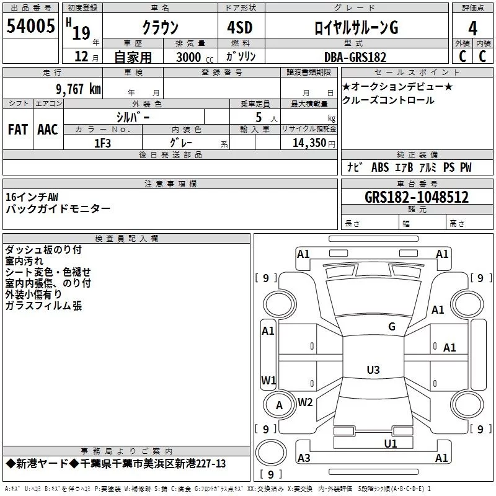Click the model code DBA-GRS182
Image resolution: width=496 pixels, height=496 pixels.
click(x=355, y=57)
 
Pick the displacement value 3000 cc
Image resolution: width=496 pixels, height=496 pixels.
click(x=193, y=57)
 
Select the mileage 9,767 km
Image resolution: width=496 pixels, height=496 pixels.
click(x=69, y=89)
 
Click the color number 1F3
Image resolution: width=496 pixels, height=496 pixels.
click(x=102, y=143)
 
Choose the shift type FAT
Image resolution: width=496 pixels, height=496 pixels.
click(x=18, y=130)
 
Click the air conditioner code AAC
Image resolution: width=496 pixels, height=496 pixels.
click(x=48, y=130)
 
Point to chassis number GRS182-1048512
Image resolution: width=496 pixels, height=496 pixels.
click(x=417, y=198)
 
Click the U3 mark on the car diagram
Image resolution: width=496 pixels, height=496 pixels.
click(x=373, y=370)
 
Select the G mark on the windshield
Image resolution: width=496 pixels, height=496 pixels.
click(x=392, y=327)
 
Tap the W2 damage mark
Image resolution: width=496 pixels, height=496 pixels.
click(x=305, y=402)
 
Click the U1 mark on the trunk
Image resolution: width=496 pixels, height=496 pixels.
click(x=390, y=443)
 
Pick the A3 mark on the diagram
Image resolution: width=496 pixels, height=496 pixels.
click(x=304, y=458)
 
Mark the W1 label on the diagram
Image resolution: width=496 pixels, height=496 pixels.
click(x=268, y=379)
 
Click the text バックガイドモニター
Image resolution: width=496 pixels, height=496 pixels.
click(x=58, y=208)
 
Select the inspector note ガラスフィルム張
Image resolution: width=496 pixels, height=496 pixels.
click(x=43, y=306)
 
